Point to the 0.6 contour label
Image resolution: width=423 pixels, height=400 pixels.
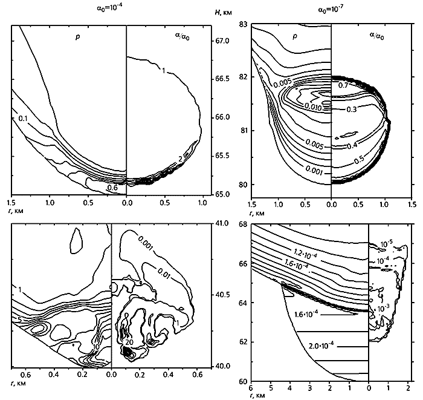coord(112,188)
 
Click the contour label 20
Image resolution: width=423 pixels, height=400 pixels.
coord(128,343)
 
